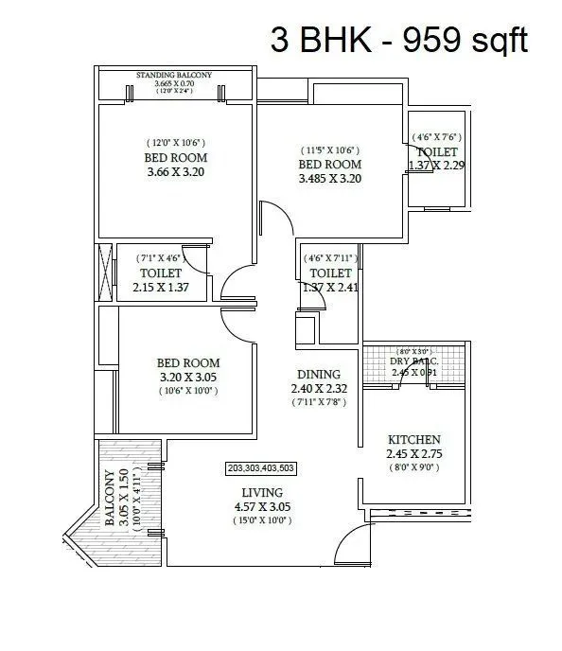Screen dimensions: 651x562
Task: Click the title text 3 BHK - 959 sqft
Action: [398, 40]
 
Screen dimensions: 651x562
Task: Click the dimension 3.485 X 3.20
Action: [330, 178]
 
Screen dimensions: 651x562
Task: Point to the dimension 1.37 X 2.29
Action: [435, 166]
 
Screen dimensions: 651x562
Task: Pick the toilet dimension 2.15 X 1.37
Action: [160, 288]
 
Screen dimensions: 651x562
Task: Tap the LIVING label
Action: [262, 493]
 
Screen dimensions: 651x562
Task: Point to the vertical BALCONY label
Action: [110, 492]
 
